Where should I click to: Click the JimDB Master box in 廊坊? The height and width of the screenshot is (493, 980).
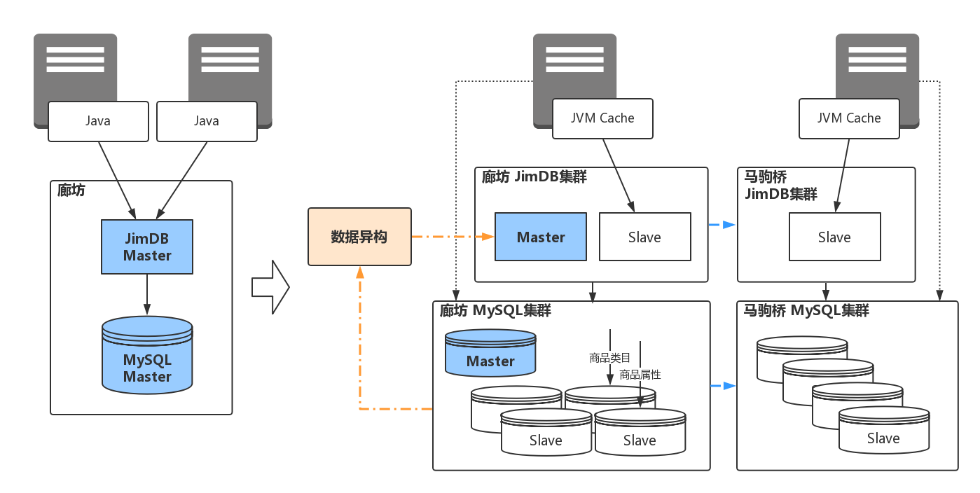[147, 246]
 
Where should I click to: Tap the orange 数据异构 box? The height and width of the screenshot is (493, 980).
[359, 237]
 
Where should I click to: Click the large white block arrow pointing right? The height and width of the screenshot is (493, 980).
[270, 286]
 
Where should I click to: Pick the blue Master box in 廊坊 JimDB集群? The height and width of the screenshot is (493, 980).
[540, 237]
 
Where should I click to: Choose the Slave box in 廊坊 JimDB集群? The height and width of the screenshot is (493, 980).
[644, 237]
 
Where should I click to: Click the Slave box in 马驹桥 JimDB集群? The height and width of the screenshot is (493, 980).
[834, 237]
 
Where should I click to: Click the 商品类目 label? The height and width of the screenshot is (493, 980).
[610, 358]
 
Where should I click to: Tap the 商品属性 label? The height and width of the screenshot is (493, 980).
[640, 375]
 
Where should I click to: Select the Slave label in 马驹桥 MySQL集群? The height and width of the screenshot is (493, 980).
[883, 438]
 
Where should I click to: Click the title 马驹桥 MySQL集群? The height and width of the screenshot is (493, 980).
[806, 311]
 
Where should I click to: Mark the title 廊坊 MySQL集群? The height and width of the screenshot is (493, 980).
[495, 310]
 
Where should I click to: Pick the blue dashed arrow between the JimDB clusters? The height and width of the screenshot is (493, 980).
[723, 225]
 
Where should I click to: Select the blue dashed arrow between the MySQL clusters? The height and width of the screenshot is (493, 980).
[724, 385]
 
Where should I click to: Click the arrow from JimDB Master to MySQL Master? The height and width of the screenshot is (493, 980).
[147, 294]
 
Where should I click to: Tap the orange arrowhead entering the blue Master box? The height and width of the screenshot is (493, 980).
[488, 237]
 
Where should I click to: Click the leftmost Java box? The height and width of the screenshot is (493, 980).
[98, 121]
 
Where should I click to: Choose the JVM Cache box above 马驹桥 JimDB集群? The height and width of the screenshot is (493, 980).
[849, 118]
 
